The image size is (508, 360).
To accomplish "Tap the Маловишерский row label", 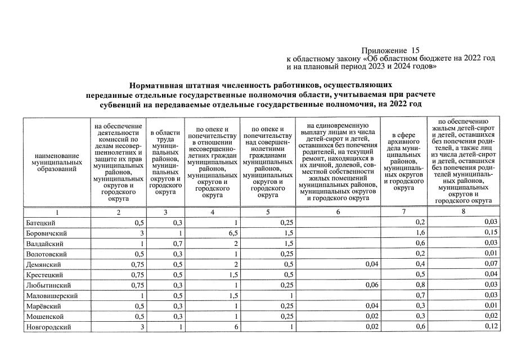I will (51, 296).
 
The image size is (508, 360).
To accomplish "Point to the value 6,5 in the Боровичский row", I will (230, 233).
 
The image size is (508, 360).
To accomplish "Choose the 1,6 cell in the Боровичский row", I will (420, 233).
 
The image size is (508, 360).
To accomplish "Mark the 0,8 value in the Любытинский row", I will (420, 285).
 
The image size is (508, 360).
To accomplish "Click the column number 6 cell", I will (338, 213).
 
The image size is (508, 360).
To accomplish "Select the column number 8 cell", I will (464, 213).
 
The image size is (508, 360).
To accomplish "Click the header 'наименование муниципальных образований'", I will (57, 161).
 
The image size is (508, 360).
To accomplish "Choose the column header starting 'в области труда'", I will (164, 161).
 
